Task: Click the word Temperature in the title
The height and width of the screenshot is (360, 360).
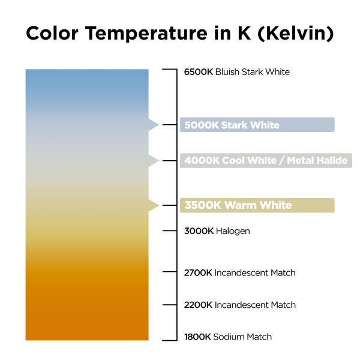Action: (146, 34)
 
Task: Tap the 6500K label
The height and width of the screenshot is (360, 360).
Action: (199, 72)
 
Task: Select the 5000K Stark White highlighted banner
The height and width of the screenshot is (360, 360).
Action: (257, 125)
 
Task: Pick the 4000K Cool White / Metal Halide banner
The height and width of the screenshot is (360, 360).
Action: (266, 160)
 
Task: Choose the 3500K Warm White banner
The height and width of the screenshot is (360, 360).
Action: (257, 205)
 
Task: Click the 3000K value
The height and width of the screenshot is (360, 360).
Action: (199, 231)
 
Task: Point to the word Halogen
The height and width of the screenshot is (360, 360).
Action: (233, 232)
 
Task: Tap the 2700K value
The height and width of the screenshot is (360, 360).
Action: (198, 273)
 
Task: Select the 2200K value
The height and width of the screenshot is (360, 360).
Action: (198, 305)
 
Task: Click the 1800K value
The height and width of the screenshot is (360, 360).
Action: (197, 337)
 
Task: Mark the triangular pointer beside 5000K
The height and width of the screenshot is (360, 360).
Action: (154, 125)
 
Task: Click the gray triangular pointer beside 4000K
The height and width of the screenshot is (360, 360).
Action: (154, 160)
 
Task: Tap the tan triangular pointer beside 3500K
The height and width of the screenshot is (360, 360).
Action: (154, 205)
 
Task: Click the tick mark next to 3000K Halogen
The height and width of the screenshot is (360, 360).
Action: (170, 231)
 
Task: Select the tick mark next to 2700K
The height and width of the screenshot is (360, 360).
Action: (170, 272)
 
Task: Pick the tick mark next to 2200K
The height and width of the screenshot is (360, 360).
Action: (170, 305)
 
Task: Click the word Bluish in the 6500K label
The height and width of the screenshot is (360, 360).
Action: (227, 72)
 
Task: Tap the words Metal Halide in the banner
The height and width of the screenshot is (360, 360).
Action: (317, 160)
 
